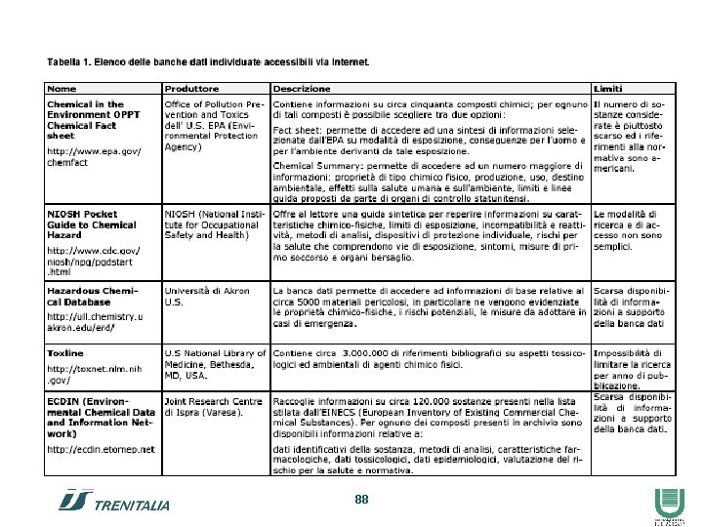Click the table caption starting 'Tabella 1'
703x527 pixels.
tap(208, 62)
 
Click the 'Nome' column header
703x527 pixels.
tap(62, 89)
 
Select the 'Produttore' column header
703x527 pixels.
tap(191, 89)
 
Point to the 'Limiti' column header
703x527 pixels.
tap(608, 89)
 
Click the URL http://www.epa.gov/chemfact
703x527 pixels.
tap(95, 156)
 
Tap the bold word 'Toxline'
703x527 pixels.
tap(65, 352)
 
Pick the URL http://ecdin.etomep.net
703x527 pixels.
tap(101, 449)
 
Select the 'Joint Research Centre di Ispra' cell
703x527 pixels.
tap(213, 406)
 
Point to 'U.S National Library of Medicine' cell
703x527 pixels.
tap(214, 363)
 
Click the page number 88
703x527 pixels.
tap(361, 499)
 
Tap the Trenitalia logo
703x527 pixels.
tap(115, 502)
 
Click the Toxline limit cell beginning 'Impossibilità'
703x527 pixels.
tap(633, 369)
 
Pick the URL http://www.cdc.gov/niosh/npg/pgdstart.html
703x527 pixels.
tap(95, 261)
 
